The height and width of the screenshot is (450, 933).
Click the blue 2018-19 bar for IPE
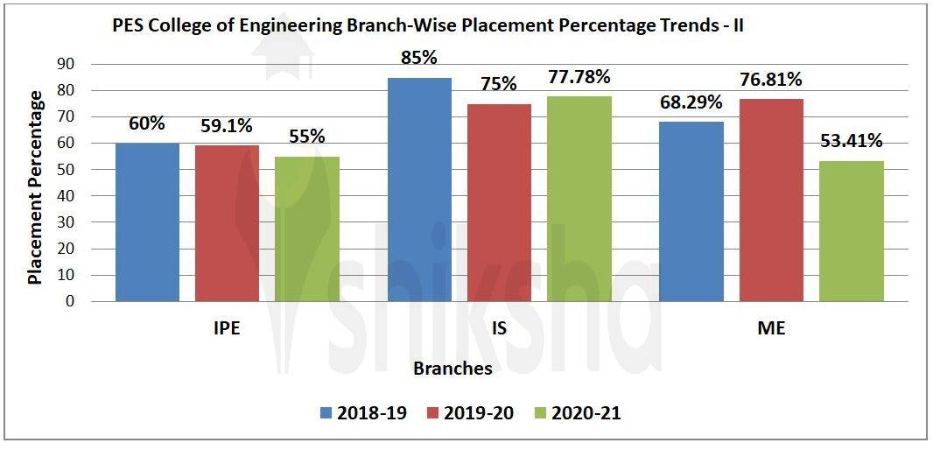(147, 222)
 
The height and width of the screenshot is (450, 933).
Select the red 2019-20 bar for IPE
(227, 223)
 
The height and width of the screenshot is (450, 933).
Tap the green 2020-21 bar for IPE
(306, 229)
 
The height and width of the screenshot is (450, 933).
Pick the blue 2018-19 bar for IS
(419, 189)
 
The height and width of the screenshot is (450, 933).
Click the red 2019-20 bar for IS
(499, 202)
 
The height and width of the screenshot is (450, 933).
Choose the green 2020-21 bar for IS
(579, 199)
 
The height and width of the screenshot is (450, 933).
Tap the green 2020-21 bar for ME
(851, 231)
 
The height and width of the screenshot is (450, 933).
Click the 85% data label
(419, 59)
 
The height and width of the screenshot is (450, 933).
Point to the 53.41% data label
(851, 141)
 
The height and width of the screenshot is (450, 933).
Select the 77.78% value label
(579, 78)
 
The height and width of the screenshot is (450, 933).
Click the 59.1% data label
(227, 126)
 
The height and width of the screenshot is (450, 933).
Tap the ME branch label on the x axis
(771, 330)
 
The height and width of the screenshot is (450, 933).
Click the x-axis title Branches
(452, 369)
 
